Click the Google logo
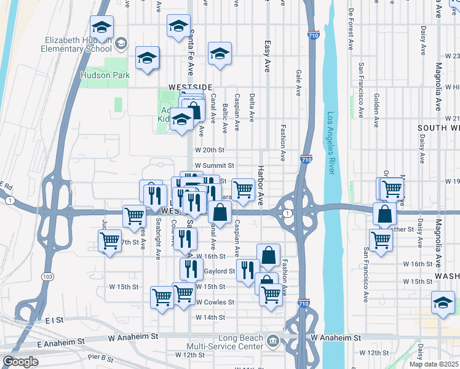(20, 362)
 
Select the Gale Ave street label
(298, 82)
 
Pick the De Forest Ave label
(351, 29)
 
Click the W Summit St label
(215, 165)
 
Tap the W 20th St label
(210, 149)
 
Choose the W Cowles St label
(215, 302)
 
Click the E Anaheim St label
(60, 341)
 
